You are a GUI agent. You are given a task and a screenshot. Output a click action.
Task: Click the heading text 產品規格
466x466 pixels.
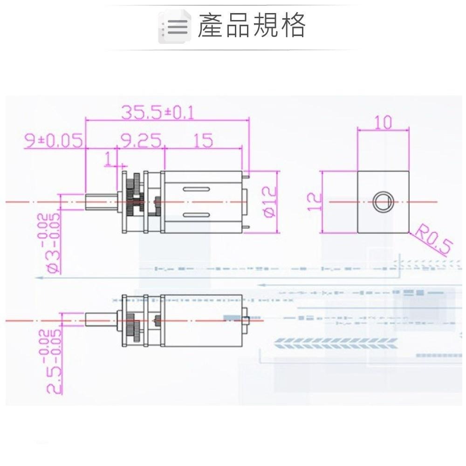coord(252,25)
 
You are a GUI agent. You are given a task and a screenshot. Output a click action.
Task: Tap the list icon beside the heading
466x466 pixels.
coord(174,27)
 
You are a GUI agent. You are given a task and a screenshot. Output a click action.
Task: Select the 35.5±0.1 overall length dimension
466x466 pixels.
coord(158,112)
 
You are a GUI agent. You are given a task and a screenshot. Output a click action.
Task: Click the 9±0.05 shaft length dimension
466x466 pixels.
coord(54,140)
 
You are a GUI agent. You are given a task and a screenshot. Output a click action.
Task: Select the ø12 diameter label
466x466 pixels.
coord(270,202)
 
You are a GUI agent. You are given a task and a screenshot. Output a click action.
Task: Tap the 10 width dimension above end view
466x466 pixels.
coord(383,122)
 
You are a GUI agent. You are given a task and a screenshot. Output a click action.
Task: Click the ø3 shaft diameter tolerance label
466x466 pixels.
coord(50,243)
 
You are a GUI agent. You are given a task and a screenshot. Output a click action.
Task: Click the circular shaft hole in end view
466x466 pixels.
coord(383,202)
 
